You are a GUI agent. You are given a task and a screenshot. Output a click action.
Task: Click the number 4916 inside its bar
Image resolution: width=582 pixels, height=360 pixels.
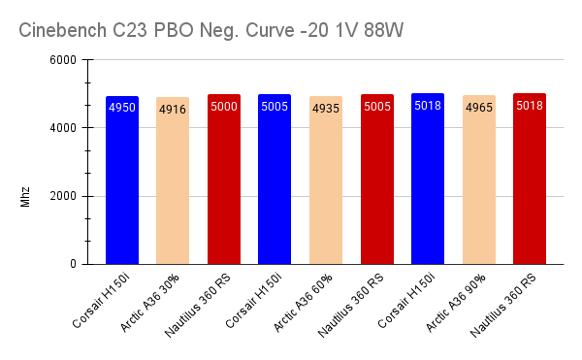pyautogui.click(x=173, y=109)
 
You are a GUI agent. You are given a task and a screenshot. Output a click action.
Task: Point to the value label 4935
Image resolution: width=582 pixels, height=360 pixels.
pyautogui.click(x=326, y=108)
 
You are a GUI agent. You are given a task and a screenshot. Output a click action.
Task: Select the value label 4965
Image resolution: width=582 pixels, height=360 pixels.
pyautogui.click(x=479, y=107)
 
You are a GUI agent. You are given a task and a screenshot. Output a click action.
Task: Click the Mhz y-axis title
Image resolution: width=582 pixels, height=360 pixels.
pyautogui.click(x=25, y=196)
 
